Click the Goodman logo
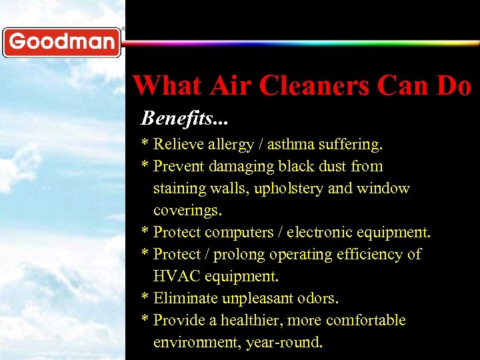point(62,42)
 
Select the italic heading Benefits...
point(184,119)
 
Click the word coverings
point(187,211)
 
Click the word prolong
point(249,255)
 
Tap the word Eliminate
point(184,298)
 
